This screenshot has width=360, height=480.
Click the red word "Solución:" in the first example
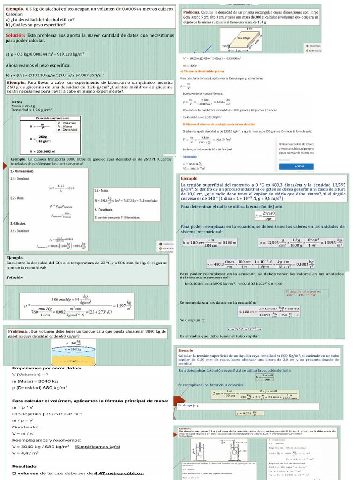[x=15, y=35]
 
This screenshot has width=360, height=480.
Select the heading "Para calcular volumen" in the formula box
[x=52, y=118]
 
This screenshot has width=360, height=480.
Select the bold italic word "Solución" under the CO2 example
[x=15, y=277]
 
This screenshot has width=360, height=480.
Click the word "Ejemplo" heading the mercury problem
[x=189, y=179]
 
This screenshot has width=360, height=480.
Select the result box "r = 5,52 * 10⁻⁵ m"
[x=244, y=328]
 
